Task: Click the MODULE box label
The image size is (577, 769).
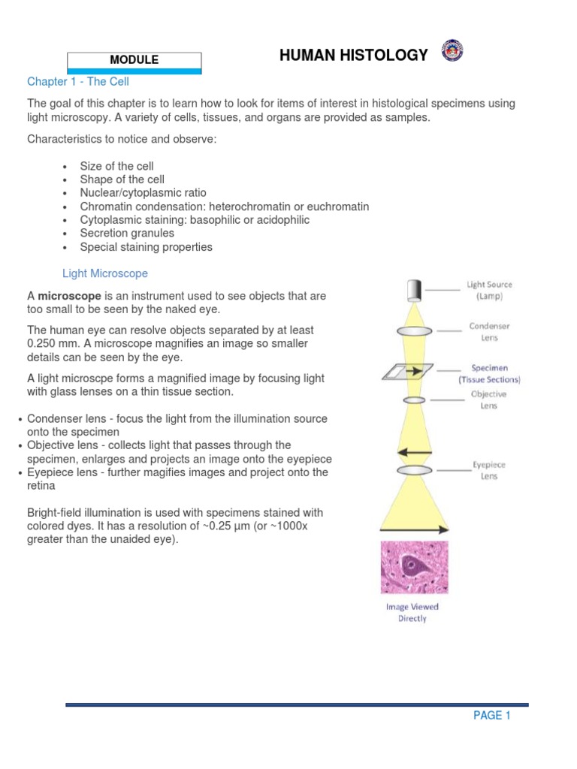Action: pos(134,60)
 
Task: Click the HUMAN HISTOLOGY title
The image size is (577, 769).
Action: pos(354,55)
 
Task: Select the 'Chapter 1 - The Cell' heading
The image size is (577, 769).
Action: pos(78,82)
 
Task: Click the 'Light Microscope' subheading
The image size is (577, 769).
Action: pos(104,273)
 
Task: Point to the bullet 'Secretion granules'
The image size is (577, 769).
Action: pos(127,234)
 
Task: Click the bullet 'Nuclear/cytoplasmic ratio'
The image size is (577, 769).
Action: pos(143,193)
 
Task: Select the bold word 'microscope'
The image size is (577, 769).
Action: pos(70,296)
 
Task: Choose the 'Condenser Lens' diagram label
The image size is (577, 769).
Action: pos(489,332)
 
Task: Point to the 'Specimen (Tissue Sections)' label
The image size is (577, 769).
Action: pos(489,374)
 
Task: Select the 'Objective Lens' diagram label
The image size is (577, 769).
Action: pos(488,400)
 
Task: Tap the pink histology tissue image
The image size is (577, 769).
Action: pos(415,568)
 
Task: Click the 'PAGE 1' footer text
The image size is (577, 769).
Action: pos(491,716)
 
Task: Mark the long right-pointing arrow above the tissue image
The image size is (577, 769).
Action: pos(415,529)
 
